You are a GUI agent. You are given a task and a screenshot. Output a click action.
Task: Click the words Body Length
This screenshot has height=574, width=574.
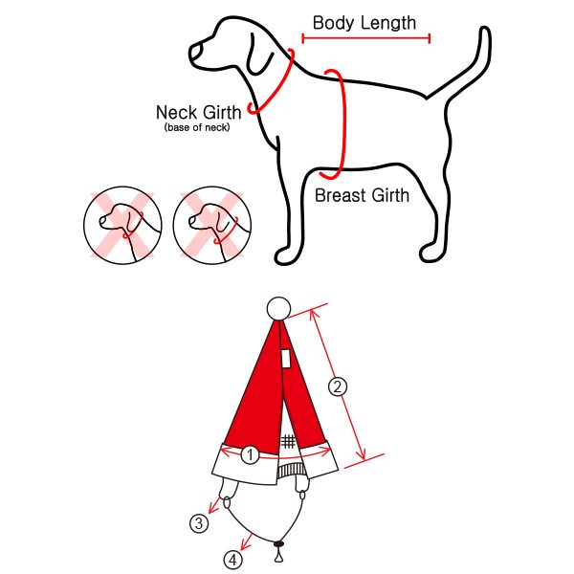pos(364,23)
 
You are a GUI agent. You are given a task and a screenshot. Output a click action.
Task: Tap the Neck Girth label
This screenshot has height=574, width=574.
pos(199,112)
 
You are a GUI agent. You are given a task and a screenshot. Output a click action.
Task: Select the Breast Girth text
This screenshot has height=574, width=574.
pos(362,195)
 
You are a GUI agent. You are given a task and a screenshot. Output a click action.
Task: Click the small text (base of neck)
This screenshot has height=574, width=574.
pos(197,127)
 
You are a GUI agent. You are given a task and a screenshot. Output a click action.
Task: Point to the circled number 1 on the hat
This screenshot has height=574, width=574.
pos(250,455)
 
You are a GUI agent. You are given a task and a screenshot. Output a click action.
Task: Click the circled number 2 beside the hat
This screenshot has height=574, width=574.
pos(337,386)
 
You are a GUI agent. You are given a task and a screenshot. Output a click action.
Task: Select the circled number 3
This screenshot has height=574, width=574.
pos(199,523)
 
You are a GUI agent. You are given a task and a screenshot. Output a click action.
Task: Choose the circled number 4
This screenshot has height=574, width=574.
pos(233,560)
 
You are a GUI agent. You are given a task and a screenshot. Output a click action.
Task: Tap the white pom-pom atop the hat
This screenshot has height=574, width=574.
pos(279,309)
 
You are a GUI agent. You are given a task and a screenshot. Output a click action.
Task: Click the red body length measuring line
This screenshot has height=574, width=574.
pos(366,38)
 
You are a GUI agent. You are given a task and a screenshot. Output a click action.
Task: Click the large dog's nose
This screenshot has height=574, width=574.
pos(195,53)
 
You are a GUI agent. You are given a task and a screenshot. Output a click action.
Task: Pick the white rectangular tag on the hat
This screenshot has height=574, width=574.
pos(286,358)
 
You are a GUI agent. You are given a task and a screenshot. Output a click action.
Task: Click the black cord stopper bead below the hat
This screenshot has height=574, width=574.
pos(279,544)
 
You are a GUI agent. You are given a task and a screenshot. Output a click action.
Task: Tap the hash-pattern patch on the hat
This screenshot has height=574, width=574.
pos(288,441)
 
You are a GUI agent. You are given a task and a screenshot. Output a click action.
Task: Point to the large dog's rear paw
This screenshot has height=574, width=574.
pos(432,252)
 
